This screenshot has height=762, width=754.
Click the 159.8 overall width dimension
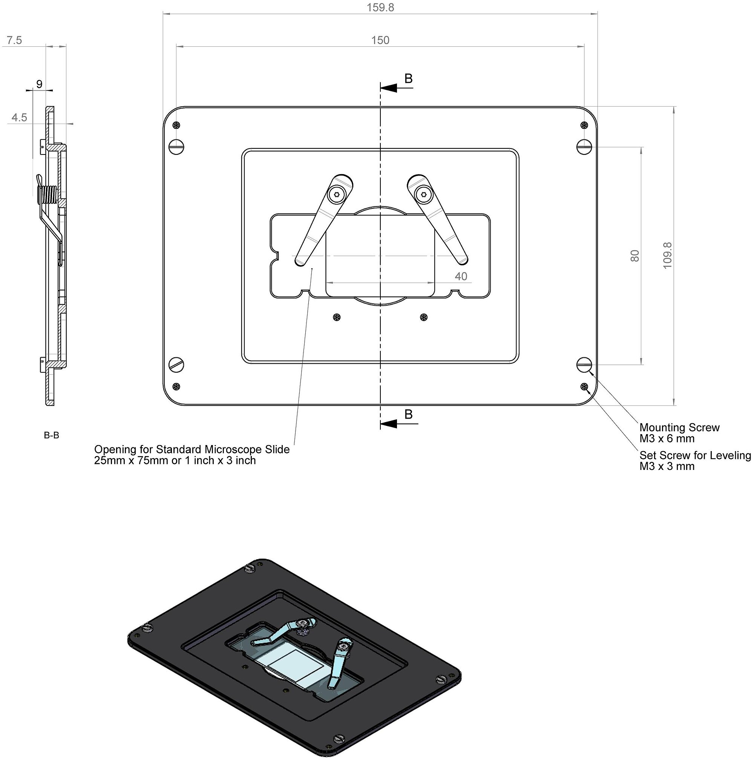pyautogui.click(x=380, y=8)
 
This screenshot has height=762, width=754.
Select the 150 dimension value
pyautogui.click(x=380, y=40)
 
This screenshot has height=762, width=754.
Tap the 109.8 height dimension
pyautogui.click(x=667, y=256)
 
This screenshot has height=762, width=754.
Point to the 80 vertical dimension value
pyautogui.click(x=635, y=256)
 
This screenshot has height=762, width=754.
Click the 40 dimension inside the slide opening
pyautogui.click(x=460, y=277)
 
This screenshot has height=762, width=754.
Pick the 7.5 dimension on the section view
pyautogui.click(x=14, y=40)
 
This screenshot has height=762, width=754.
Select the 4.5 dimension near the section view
pyautogui.click(x=19, y=118)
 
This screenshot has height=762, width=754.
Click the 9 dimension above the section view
pyautogui.click(x=39, y=84)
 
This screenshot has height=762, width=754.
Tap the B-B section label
pyautogui.click(x=51, y=435)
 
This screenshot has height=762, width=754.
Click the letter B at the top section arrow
pyautogui.click(x=408, y=78)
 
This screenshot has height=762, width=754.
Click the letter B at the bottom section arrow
pyautogui.click(x=408, y=414)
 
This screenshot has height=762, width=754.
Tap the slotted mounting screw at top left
pyautogui.click(x=176, y=147)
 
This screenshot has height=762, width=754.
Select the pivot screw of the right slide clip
pyautogui.click(x=423, y=194)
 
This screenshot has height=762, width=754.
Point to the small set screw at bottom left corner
pyautogui.click(x=176, y=386)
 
